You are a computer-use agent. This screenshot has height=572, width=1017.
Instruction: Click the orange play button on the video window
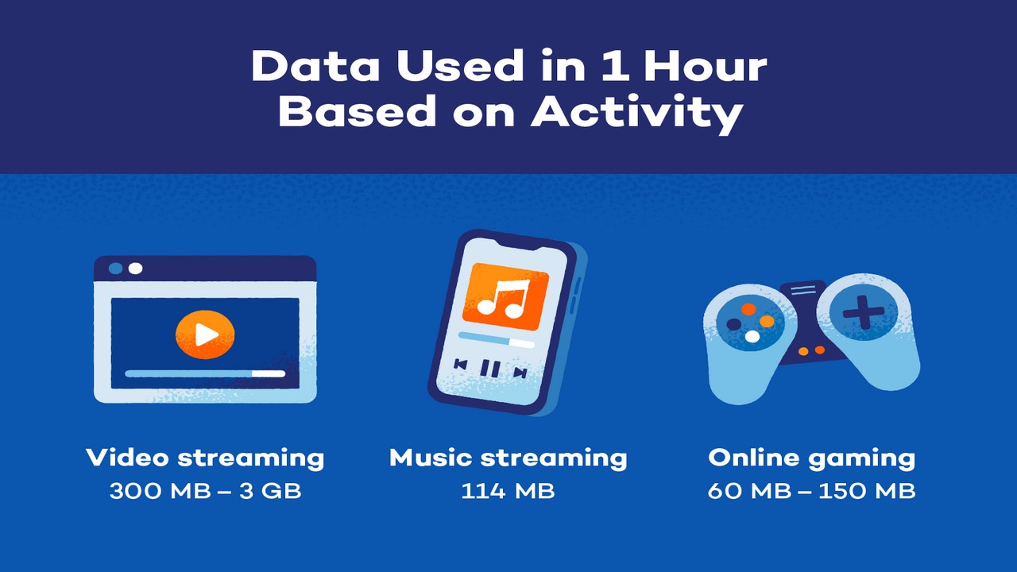click(x=205, y=334)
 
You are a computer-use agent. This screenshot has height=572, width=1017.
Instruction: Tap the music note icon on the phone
click(x=504, y=298)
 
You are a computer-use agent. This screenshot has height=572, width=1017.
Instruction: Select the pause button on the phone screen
click(x=490, y=368)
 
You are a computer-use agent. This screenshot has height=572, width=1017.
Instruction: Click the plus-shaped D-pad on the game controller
click(x=864, y=312)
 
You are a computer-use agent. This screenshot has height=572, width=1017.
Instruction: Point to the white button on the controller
click(x=752, y=336)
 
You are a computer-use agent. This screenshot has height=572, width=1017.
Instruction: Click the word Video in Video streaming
click(x=127, y=457)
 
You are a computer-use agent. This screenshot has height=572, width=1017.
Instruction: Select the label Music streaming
click(x=508, y=458)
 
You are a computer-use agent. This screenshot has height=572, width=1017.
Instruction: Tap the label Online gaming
click(x=811, y=458)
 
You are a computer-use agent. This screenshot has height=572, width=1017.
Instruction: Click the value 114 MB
click(x=508, y=491)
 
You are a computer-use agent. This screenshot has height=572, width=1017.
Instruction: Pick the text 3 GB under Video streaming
click(x=270, y=491)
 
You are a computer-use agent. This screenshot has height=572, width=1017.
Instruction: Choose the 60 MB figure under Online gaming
click(x=749, y=491)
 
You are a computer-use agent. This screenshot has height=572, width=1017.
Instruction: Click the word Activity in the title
click(x=636, y=113)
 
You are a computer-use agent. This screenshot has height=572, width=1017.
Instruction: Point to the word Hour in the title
click(x=706, y=66)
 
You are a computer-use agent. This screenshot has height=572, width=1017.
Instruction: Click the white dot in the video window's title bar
click(x=135, y=269)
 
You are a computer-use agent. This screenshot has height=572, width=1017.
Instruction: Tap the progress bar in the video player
click(x=205, y=373)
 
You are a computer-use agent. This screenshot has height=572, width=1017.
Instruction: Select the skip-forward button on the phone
click(x=520, y=373)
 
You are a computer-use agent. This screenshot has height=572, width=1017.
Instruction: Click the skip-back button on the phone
click(x=461, y=364)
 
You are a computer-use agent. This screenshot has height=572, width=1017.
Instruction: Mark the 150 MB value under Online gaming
click(x=867, y=491)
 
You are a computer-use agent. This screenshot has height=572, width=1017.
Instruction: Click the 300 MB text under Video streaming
click(x=160, y=491)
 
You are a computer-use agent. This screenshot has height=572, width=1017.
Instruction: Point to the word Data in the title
click(x=315, y=66)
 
